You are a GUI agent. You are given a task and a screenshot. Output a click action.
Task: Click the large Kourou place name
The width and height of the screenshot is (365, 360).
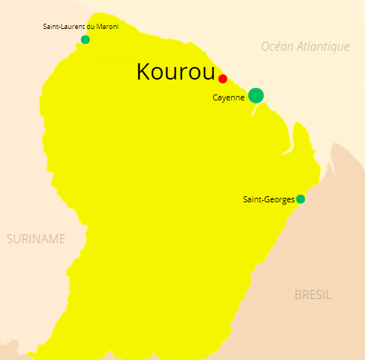point(175,71)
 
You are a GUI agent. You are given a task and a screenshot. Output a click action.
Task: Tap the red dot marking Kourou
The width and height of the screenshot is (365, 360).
point(222,79)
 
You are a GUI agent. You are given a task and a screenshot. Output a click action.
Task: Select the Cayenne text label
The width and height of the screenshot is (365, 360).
point(228,97)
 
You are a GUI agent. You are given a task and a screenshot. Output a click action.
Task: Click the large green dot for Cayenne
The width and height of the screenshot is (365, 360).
point(256,95)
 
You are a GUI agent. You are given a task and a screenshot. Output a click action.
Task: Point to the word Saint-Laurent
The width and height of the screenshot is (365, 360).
point(62,27)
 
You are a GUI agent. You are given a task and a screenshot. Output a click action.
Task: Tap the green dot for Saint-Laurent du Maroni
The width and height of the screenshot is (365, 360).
point(85,39)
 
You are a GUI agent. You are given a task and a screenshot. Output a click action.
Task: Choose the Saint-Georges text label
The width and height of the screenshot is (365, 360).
point(268,199)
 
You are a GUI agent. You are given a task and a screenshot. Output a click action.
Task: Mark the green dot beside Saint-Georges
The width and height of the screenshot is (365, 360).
point(300,199)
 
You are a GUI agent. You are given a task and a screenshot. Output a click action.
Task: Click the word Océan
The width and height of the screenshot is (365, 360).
point(277,47)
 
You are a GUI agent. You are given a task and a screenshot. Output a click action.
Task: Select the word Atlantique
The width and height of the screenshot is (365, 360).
point(323,47)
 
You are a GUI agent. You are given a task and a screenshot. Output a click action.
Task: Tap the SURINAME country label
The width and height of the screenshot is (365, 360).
point(36,239)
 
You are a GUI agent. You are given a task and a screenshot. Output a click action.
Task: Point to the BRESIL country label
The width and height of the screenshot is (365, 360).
point(313,295)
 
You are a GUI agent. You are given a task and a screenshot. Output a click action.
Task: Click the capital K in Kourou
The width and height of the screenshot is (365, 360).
point(143,71)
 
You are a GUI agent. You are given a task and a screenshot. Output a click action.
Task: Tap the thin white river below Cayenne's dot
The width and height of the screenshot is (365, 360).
point(256,109)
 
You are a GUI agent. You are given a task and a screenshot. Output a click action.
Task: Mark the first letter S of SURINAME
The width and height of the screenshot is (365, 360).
point(10,239)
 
